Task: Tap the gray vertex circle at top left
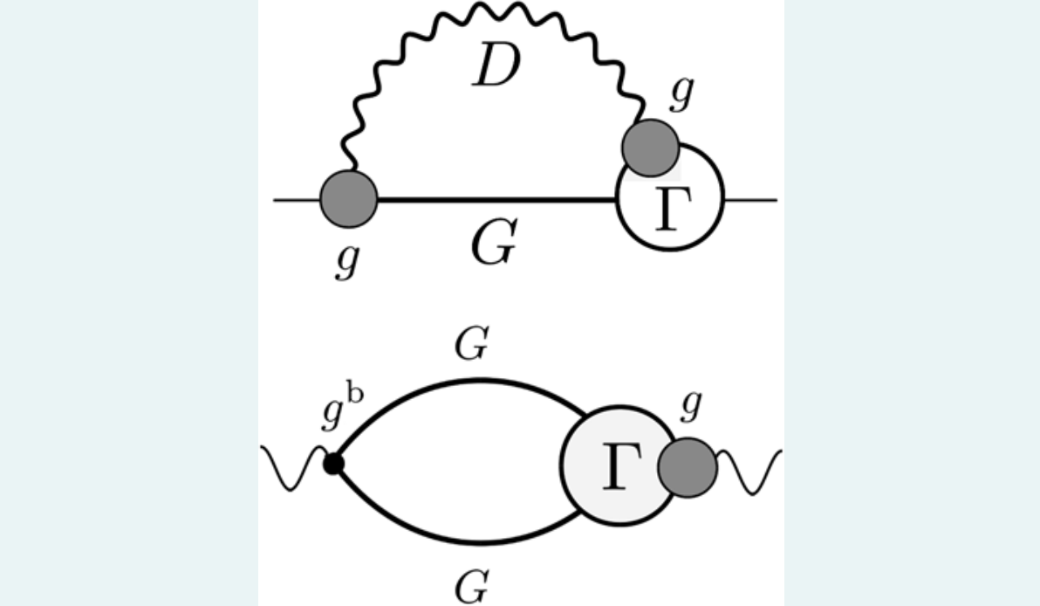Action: click(x=349, y=199)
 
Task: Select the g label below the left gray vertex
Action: click(x=346, y=260)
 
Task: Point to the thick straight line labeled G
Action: click(x=497, y=200)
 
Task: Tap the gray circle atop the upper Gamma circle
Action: click(x=650, y=148)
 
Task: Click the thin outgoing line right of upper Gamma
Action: click(x=750, y=200)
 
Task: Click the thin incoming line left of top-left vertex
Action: click(x=297, y=200)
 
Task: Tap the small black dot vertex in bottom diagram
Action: click(x=332, y=464)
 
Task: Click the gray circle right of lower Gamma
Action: click(x=687, y=467)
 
